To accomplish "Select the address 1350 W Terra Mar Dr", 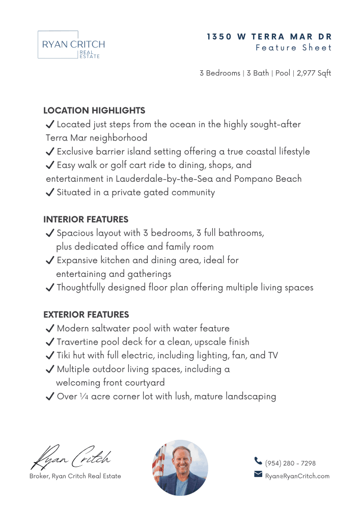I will coord(269,37).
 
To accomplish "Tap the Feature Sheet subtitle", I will coord(294,48).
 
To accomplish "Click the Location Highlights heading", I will coord(94,110).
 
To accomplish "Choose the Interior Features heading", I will coord(86,220).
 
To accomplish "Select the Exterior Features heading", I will coord(86,315).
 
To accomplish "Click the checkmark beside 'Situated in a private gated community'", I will coord(50,192).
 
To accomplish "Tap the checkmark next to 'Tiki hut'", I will coord(50,355).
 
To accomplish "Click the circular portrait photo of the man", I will coord(180,467).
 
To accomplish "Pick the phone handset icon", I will coord(258,461).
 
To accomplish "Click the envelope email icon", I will coord(258,475).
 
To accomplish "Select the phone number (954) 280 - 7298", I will coord(290,463).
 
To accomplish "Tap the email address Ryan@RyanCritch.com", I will coord(297,476).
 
